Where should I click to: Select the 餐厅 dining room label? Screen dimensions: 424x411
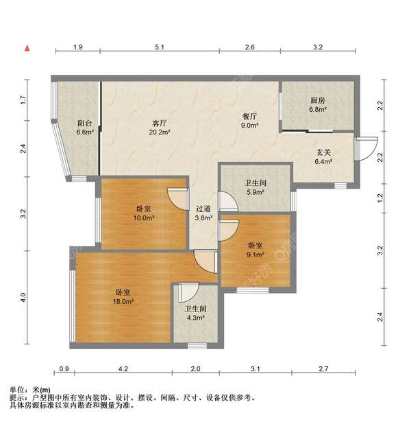pos(248,117)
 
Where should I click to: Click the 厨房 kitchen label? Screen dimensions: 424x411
pos(316,100)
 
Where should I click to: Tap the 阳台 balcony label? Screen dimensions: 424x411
pos(84,123)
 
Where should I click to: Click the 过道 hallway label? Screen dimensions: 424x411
pos(203,209)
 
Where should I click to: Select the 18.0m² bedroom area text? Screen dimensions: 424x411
pos(124,301)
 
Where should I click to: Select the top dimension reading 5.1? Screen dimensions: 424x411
pos(160,47)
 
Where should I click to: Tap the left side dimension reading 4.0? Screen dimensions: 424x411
pos(23,298)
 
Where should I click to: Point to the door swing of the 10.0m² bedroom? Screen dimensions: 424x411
pos(178,198)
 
